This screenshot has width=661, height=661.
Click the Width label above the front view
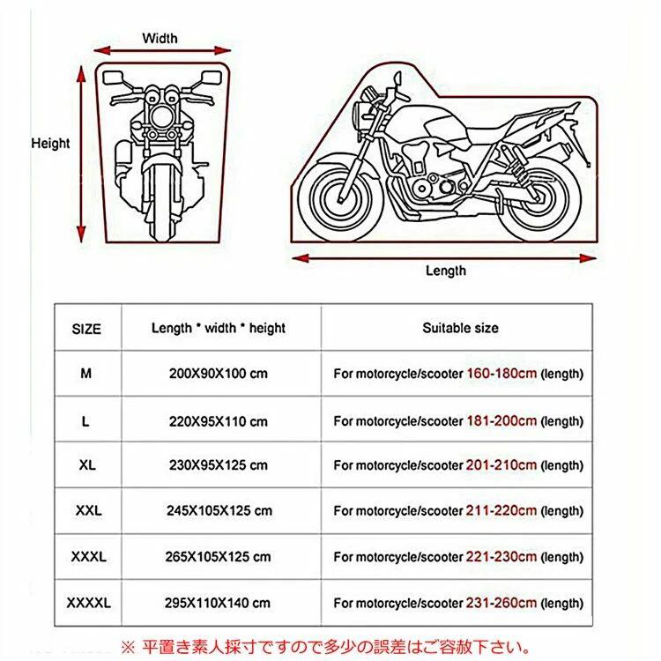pyautogui.click(x=160, y=39)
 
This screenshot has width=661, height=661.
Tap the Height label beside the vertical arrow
pyautogui.click(x=50, y=144)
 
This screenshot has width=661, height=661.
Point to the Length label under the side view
pyautogui.click(x=446, y=271)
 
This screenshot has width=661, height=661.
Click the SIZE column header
pyautogui.click(x=86, y=329)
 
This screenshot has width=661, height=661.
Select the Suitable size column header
pyautogui.click(x=460, y=328)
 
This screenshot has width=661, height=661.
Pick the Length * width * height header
pyautogui.click(x=219, y=328)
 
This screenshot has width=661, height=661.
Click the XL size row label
pyautogui.click(x=87, y=465)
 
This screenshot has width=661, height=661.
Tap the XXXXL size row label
pyautogui.click(x=88, y=603)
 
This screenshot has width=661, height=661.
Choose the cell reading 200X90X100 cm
pyautogui.click(x=219, y=374)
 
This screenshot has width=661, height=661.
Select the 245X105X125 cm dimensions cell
pyautogui.click(x=219, y=511)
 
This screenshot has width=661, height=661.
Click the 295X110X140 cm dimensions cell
pyautogui.click(x=218, y=603)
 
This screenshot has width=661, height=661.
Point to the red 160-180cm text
pyautogui.click(x=501, y=373)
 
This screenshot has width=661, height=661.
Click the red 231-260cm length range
pyautogui.click(x=501, y=603)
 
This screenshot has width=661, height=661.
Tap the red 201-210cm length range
pyautogui.click(x=501, y=465)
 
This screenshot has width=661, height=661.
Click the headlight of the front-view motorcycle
pyautogui.click(x=162, y=116)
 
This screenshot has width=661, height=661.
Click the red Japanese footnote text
pyautogui.click(x=325, y=647)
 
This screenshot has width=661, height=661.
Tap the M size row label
pyautogui.click(x=86, y=373)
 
